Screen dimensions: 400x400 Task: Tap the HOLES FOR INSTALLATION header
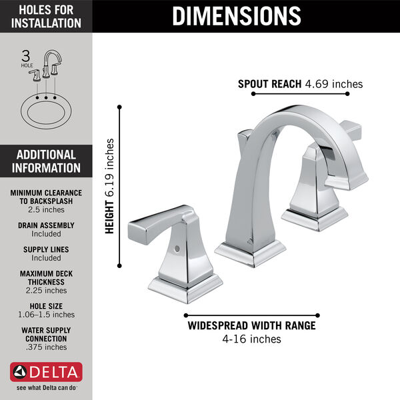pyautogui.click(x=46, y=16)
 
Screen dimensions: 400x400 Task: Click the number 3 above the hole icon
pyautogui.click(x=27, y=55)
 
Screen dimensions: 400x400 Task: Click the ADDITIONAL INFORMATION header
pyautogui.click(x=46, y=161)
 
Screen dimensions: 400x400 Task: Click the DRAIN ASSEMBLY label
pyautogui.click(x=46, y=225)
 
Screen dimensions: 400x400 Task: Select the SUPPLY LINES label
pyautogui.click(x=46, y=249)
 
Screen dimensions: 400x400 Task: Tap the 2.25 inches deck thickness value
pyautogui.click(x=46, y=290)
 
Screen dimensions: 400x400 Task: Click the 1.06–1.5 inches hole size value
pyautogui.click(x=46, y=314)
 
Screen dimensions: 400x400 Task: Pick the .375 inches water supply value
pyautogui.click(x=46, y=347)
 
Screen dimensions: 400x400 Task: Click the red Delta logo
pyautogui.click(x=46, y=371)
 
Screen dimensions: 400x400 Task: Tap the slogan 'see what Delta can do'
pyautogui.click(x=46, y=387)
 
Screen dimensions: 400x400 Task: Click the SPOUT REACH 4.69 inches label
pyautogui.click(x=300, y=84)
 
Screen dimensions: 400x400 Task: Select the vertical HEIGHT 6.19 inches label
pyautogui.click(x=111, y=186)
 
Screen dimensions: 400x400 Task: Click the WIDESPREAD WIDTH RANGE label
pyautogui.click(x=252, y=326)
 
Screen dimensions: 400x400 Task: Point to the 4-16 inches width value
pyautogui.click(x=252, y=339)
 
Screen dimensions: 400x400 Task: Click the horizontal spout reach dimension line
pyautogui.click(x=300, y=94)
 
